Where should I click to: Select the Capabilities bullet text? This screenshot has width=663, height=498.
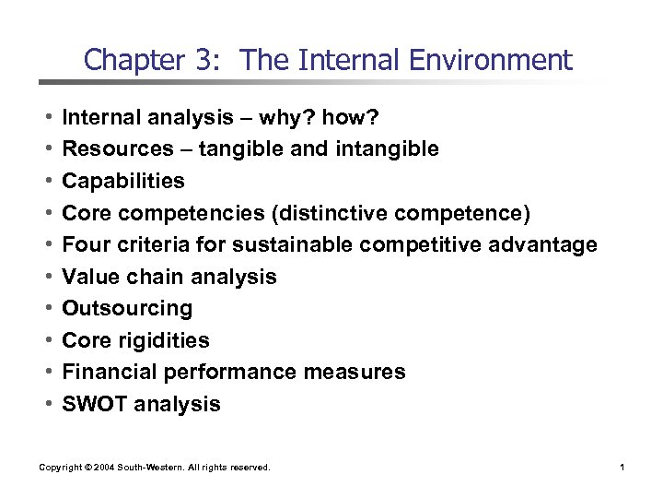(122, 181)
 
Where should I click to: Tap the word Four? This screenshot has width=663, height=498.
(85, 244)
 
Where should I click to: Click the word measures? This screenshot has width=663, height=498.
(361, 372)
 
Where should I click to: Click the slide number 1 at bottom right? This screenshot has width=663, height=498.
(622, 468)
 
